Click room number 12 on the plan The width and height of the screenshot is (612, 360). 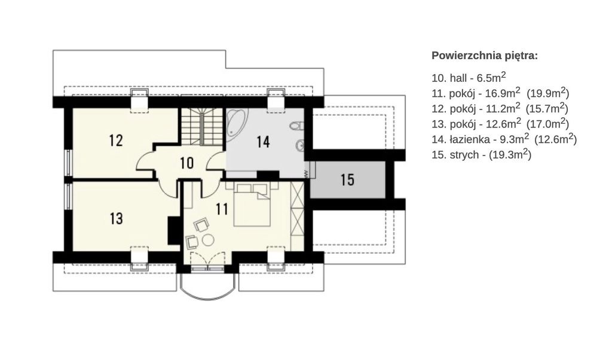click(x=116, y=140)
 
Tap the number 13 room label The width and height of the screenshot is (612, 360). click(x=117, y=218)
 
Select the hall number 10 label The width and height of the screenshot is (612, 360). click(x=187, y=163)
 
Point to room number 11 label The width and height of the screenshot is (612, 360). click(x=222, y=209)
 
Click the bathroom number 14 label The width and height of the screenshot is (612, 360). click(x=263, y=142)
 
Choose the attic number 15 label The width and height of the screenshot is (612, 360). click(x=347, y=180)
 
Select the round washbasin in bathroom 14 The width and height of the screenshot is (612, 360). click(x=299, y=145)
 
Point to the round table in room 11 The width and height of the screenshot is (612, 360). click(x=208, y=239)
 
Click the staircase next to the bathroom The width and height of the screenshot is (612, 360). click(x=203, y=127)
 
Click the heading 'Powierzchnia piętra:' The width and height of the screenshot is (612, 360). click(x=484, y=56)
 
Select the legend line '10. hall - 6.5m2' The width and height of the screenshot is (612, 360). click(x=469, y=77)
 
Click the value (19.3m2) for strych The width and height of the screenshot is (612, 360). click(x=510, y=154)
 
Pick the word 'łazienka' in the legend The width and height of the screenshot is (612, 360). click(x=470, y=139)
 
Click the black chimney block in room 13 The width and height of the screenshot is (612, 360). click(x=173, y=230)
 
